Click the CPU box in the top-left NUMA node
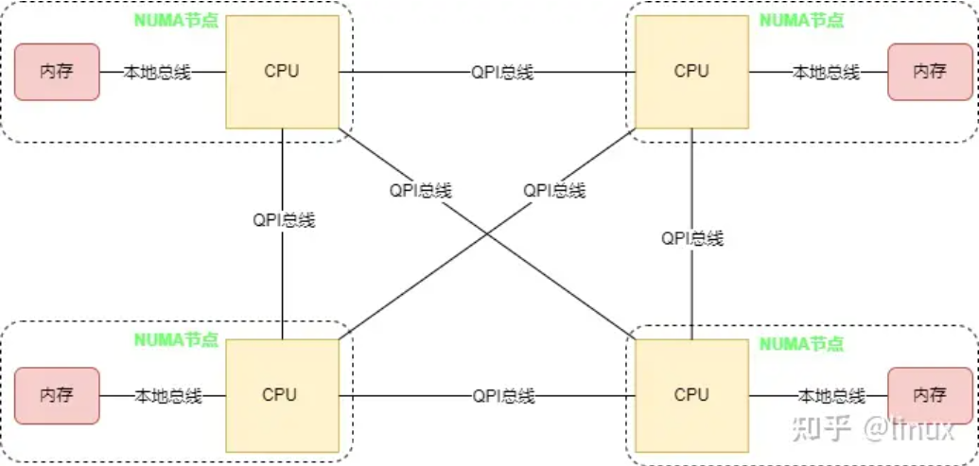tap(281, 71)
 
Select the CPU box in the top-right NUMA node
tap(691, 71)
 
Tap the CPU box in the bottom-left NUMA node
tap(281, 394)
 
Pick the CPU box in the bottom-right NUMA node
tap(691, 394)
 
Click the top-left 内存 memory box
tap(57, 71)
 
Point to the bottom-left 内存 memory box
tap(57, 394)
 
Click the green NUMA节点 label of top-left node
tap(177, 18)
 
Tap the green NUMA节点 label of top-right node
tap(802, 18)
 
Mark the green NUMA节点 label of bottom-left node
tap(177, 339)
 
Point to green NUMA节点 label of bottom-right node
tap(802, 345)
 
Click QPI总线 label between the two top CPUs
tap(502, 72)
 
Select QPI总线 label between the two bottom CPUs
tap(503, 395)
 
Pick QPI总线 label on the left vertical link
tap(284, 219)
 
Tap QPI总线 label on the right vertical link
tap(692, 238)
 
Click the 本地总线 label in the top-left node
tap(158, 72)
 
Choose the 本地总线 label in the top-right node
tap(825, 72)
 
